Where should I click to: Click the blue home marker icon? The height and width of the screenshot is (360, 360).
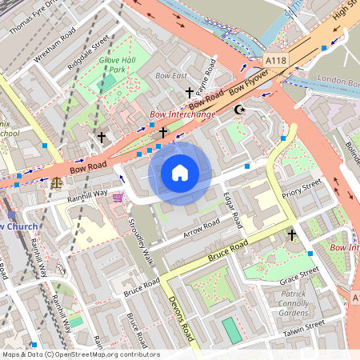180,173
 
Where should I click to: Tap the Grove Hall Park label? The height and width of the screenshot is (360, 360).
113,65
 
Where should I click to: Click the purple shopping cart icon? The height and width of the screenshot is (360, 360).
118,197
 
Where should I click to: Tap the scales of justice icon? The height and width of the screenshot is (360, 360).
56,182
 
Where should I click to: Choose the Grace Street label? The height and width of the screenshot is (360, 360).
299,277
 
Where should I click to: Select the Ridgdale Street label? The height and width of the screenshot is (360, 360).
88,49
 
